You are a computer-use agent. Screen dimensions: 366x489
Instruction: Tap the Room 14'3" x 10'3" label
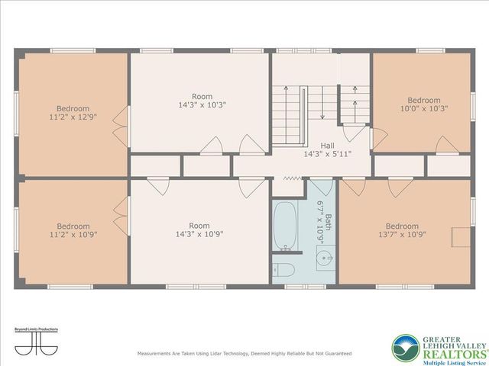tap(202, 101)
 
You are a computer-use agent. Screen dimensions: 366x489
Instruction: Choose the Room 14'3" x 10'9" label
tap(199, 230)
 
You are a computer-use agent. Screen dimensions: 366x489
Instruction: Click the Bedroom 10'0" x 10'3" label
tap(423, 104)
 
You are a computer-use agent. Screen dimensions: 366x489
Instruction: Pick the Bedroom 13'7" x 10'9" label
tap(402, 230)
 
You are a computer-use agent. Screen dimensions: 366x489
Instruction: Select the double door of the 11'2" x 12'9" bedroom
tap(120, 118)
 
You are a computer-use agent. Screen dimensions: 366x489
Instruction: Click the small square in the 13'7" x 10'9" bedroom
tap(461, 236)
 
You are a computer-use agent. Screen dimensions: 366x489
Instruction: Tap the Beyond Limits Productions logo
tap(37, 341)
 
